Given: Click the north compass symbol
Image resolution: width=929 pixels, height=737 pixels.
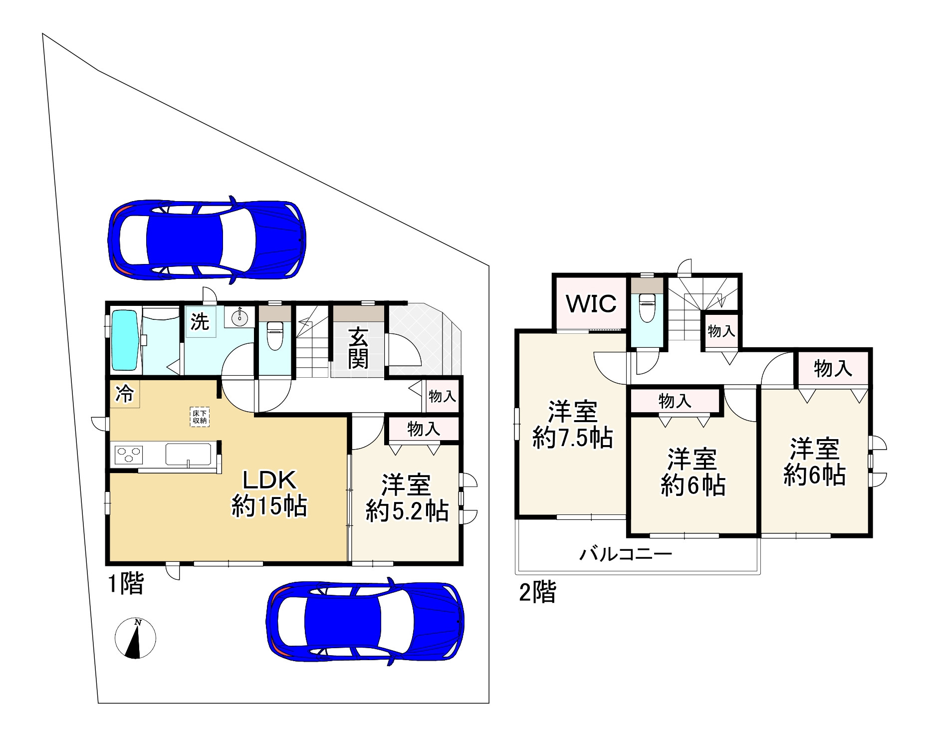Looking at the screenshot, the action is tap(135, 638).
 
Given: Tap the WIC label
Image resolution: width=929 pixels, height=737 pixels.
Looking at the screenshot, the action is tap(591, 303).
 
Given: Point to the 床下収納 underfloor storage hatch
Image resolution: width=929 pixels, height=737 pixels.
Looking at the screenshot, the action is tap(200, 417).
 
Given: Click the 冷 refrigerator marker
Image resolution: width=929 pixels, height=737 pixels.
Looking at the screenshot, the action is tap(125, 394).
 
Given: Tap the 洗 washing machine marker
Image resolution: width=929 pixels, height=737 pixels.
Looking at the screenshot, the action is tap(200, 322).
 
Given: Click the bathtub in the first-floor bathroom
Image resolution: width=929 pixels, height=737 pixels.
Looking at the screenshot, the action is tap(124, 340).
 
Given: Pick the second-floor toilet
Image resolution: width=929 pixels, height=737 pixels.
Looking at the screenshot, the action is tap(647, 308).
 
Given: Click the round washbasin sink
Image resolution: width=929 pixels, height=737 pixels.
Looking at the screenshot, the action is tap(240, 316).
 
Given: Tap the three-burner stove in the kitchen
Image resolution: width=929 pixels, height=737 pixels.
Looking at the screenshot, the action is tap(129, 455).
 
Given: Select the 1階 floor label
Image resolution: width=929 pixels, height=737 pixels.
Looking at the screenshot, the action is tap(126, 584).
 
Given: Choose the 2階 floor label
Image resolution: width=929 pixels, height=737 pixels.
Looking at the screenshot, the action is tap(537, 593).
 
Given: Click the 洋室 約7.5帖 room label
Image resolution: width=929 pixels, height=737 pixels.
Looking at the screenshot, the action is tap(573, 425).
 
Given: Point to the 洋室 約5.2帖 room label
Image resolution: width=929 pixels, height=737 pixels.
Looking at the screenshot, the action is tap(407, 497).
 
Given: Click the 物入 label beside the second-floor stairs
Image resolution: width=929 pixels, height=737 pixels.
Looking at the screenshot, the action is tap(721, 330).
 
